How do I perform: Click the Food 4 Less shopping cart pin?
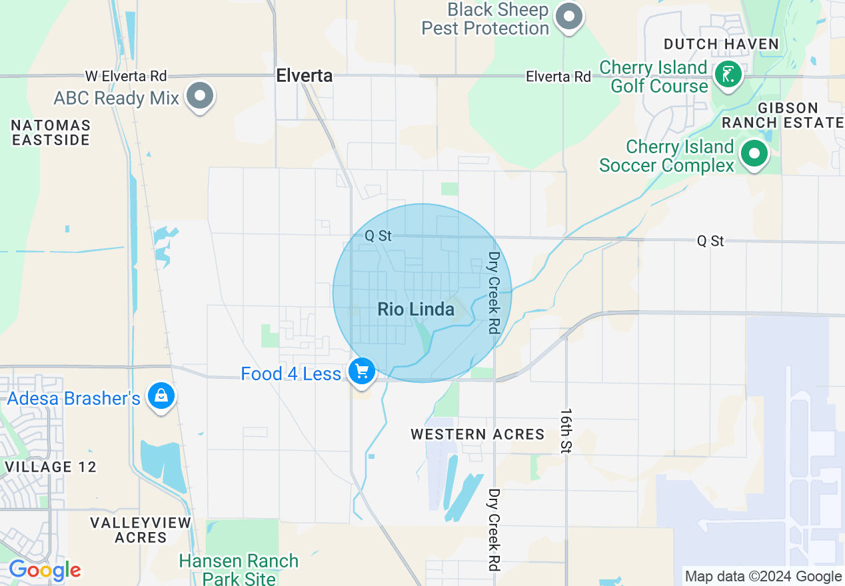click(362, 370)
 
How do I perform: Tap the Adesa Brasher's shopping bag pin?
click(161, 396)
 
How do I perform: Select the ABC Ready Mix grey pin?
click(199, 95)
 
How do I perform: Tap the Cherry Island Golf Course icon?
click(728, 74)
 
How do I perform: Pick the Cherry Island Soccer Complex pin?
click(754, 154)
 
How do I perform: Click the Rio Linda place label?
click(416, 309)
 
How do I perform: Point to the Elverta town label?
click(305, 76)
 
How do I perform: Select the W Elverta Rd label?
click(126, 77)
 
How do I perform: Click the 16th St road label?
click(566, 432)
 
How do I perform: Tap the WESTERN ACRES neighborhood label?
click(477, 434)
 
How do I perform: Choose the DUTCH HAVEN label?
click(721, 45)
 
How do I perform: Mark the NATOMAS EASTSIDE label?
click(51, 133)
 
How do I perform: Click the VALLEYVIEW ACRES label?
click(141, 530)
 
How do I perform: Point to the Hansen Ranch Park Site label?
click(239, 569)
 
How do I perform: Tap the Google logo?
click(45, 570)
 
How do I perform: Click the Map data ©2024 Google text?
click(763, 577)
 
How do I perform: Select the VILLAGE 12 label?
click(51, 467)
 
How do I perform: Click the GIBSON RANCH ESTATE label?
click(782, 115)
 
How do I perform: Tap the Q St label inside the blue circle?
click(378, 235)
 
